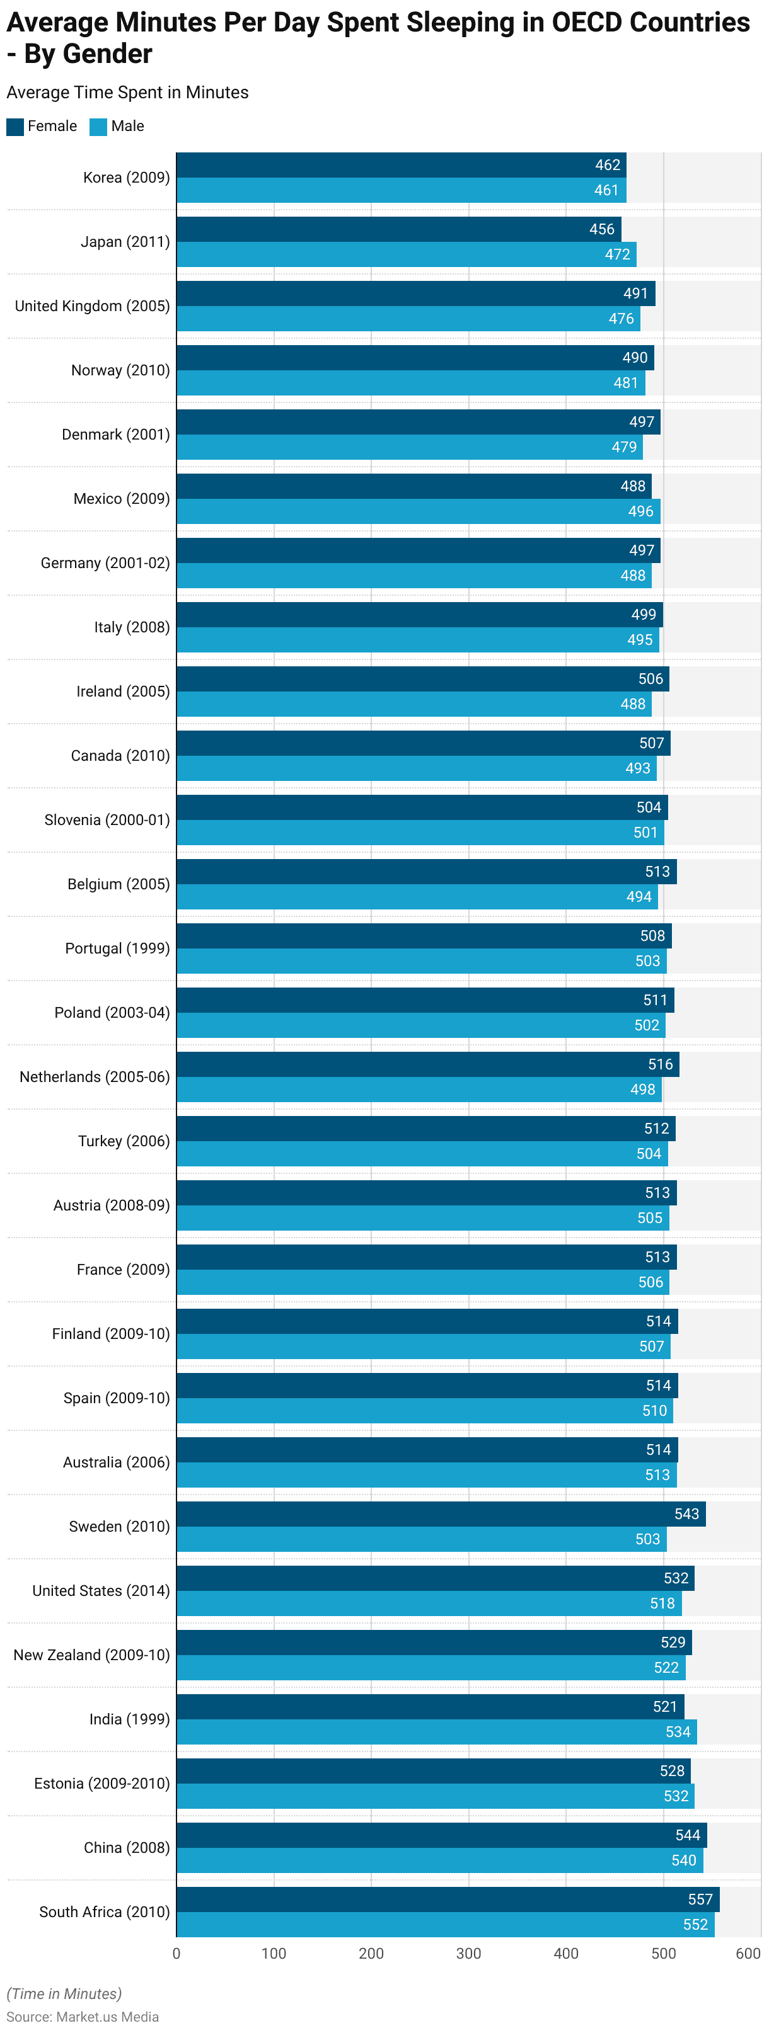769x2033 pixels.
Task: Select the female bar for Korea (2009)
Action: click(401, 165)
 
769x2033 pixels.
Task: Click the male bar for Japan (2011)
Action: click(406, 254)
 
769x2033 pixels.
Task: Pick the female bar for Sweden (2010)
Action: click(441, 1513)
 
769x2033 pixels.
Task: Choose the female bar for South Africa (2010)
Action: click(448, 1899)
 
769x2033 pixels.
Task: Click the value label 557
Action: click(700, 1899)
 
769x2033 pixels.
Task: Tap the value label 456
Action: click(601, 229)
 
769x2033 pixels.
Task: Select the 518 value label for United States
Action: click(662, 1603)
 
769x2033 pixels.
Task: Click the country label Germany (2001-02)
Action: click(105, 562)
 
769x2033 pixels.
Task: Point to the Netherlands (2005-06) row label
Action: click(95, 1076)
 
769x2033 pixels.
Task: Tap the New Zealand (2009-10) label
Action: click(91, 1655)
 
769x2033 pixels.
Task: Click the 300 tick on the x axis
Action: click(469, 1953)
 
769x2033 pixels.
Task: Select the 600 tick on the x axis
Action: click(748, 1953)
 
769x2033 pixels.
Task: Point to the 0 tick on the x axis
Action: click(176, 1953)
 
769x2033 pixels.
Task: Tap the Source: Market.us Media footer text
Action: click(83, 2017)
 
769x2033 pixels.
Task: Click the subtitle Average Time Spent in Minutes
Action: click(127, 93)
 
